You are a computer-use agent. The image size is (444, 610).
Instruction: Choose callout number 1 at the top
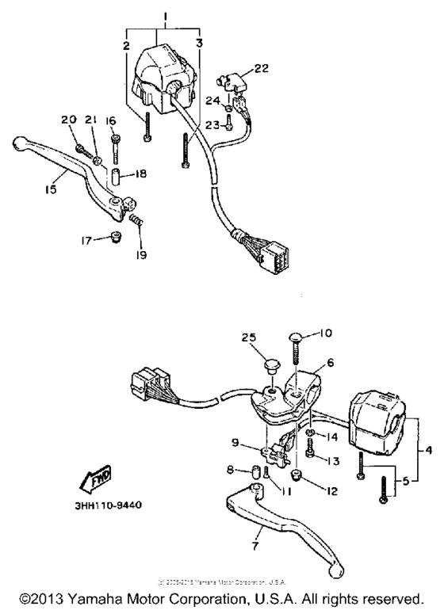[164, 17]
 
